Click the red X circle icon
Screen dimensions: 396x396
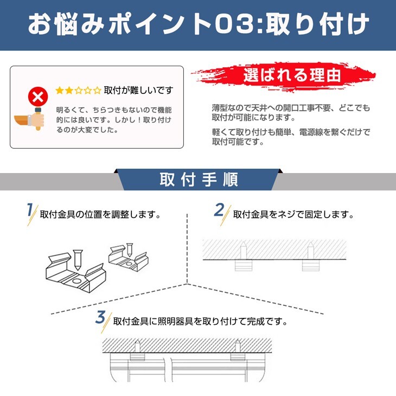coord(38,98)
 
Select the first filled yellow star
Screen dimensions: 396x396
coord(59,90)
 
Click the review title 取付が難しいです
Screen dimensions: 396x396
coord(138,90)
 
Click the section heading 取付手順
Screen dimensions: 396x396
coord(199,179)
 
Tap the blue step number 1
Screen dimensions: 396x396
coord(30,210)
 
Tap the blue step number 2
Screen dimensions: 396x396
coord(220,210)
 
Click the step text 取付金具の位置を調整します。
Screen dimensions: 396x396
coord(101,214)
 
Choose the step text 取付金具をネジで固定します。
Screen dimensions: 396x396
coord(293,214)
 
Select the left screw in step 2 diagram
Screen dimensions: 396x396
coord(242,253)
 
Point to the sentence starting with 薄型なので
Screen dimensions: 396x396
coord(291,112)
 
